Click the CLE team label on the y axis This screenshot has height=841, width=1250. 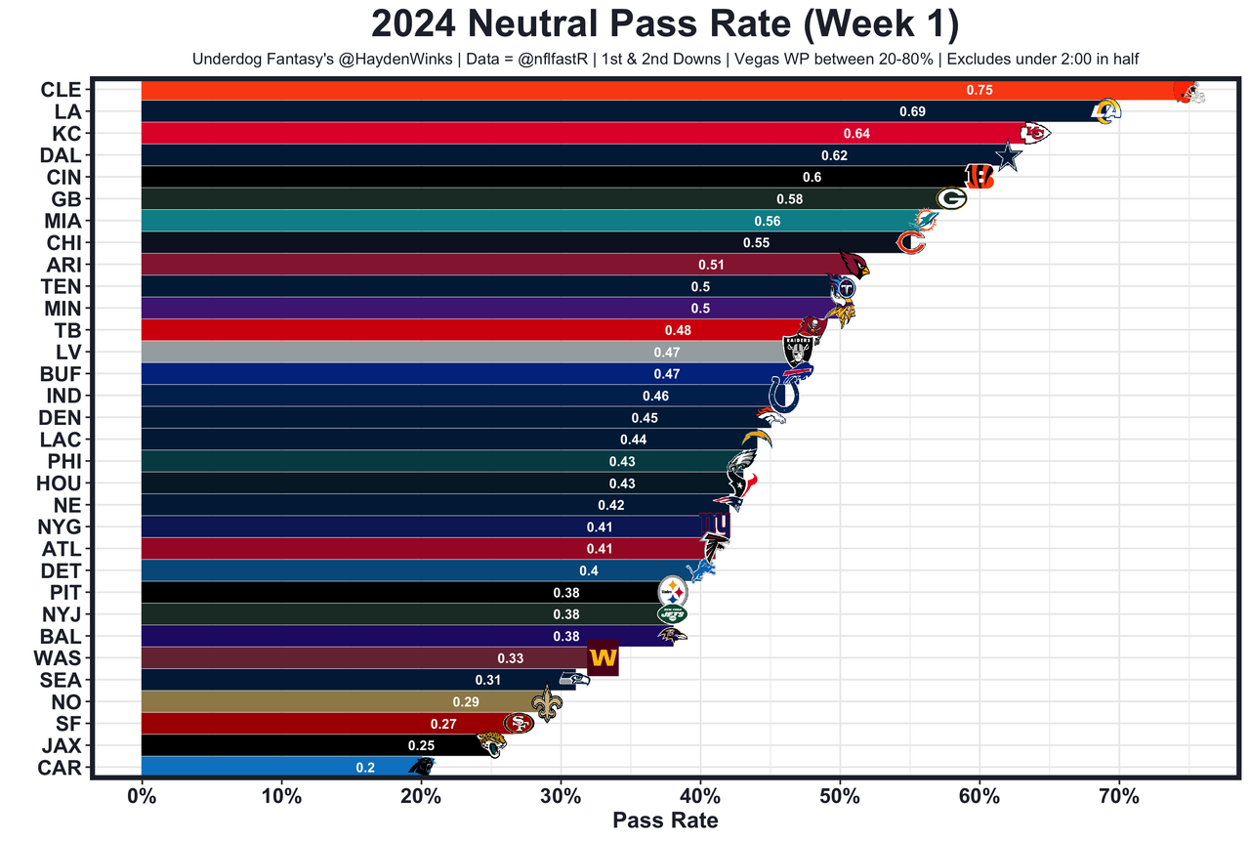pyautogui.click(x=61, y=90)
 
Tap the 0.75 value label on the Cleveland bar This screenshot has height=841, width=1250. pyautogui.click(x=979, y=90)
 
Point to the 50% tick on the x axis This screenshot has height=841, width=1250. pyautogui.click(x=840, y=795)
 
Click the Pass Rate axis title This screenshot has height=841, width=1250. pyautogui.click(x=665, y=820)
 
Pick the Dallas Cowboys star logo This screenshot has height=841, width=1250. pyautogui.click(x=1007, y=156)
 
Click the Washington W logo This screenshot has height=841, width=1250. pyautogui.click(x=603, y=658)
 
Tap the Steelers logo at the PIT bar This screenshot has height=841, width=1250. pyautogui.click(x=673, y=592)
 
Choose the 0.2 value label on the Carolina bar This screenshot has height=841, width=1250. pyautogui.click(x=365, y=768)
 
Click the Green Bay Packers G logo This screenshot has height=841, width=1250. pyautogui.click(x=951, y=198)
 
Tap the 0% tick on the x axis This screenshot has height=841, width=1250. pyautogui.click(x=142, y=795)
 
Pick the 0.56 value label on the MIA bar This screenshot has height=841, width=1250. pyautogui.click(x=767, y=221)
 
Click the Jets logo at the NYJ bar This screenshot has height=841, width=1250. pyautogui.click(x=672, y=614)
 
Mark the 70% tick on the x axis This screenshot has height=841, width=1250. pyautogui.click(x=1119, y=795)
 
